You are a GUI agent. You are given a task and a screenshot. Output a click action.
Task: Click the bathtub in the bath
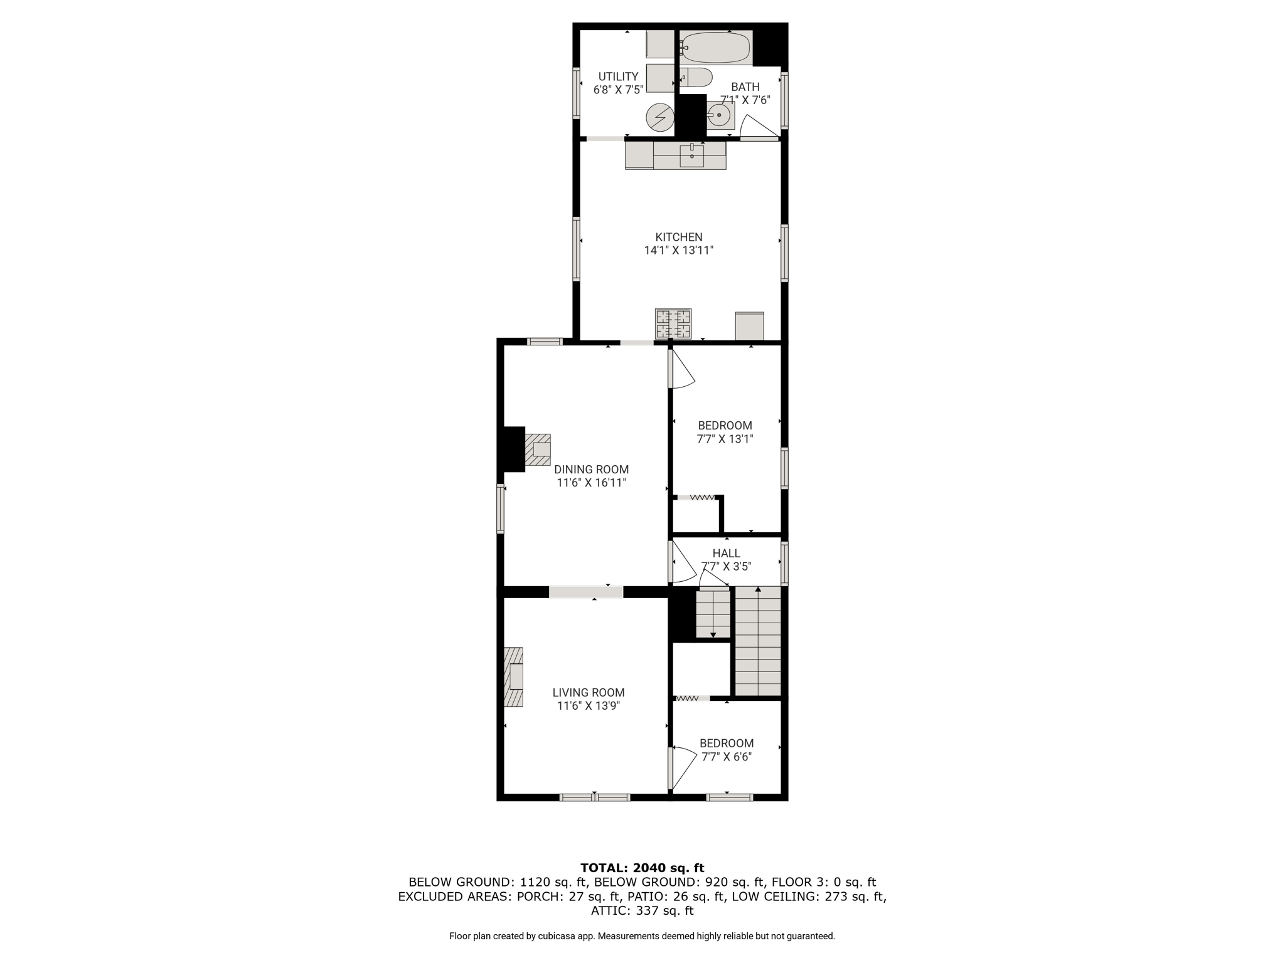tap(716, 48)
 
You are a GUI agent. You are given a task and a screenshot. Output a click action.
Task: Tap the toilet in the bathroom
tap(696, 78)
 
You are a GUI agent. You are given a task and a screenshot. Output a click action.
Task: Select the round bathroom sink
tap(719, 115)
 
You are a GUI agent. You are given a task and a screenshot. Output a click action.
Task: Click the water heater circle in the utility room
tap(660, 117)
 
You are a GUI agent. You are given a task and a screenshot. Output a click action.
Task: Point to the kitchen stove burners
tap(673, 324)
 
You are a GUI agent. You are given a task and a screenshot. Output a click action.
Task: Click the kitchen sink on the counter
tap(691, 155)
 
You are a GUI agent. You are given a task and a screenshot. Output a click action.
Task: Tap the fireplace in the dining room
tap(538, 450)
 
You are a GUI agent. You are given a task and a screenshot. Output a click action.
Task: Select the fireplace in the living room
tap(513, 677)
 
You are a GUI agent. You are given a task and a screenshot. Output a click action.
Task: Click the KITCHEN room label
tap(679, 237)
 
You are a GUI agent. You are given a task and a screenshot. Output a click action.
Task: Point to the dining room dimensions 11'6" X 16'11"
tap(591, 483)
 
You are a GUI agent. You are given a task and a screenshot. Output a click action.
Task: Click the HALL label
tap(727, 553)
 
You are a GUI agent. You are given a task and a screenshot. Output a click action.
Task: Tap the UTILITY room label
tap(618, 76)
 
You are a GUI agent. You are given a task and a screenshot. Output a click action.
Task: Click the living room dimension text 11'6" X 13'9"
tap(589, 706)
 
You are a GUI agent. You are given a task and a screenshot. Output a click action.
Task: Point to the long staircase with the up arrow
tap(758, 641)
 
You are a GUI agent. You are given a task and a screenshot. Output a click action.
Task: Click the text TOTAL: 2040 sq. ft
tap(642, 868)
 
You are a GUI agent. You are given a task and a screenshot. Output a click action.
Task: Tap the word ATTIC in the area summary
tap(609, 911)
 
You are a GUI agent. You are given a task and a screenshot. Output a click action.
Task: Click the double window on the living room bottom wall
tap(594, 797)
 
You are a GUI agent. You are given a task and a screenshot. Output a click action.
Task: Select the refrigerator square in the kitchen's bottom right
tap(750, 326)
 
